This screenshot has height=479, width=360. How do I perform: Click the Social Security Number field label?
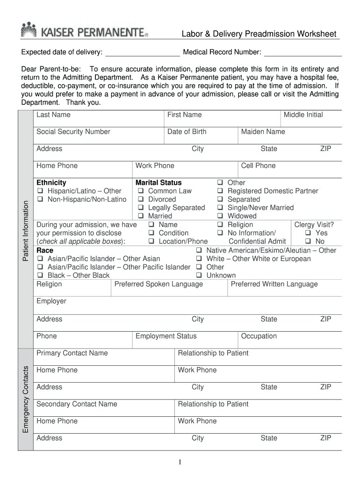click(x=73, y=132)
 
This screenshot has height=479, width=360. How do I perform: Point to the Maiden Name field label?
click(x=263, y=132)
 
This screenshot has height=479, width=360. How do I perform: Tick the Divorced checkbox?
click(x=140, y=200)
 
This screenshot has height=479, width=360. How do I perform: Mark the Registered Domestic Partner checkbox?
click(x=220, y=191)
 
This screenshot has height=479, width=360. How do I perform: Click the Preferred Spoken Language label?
click(x=158, y=284)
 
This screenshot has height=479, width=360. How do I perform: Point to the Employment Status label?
click(x=166, y=336)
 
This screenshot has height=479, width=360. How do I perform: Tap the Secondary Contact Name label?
click(x=77, y=404)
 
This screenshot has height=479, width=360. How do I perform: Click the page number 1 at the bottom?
click(x=180, y=463)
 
